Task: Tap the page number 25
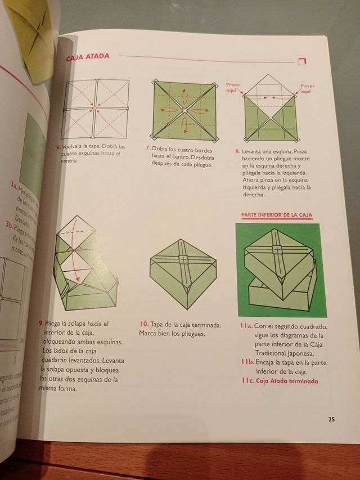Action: pos(331,419)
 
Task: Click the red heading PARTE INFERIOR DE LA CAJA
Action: pos(277,215)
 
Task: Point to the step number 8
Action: pos(237,151)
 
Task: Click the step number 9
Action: pos(42,324)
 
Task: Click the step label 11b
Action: pos(245,363)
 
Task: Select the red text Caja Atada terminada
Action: pos(286,381)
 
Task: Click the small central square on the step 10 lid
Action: pos(183,259)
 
